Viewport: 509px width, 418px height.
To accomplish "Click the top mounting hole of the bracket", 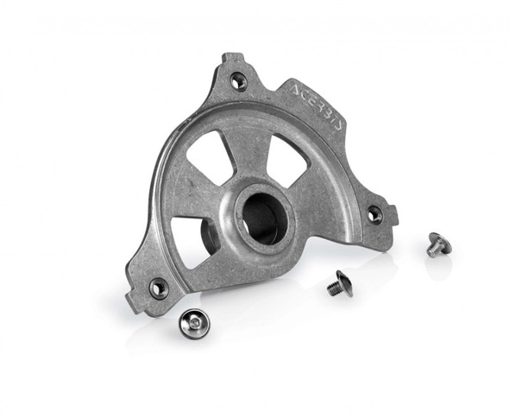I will click(x=238, y=81).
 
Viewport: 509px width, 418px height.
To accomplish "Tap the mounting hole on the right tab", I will click(x=374, y=212).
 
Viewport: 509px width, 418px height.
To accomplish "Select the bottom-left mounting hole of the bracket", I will click(x=158, y=288).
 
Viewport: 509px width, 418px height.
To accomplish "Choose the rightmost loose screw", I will click(x=438, y=245).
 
